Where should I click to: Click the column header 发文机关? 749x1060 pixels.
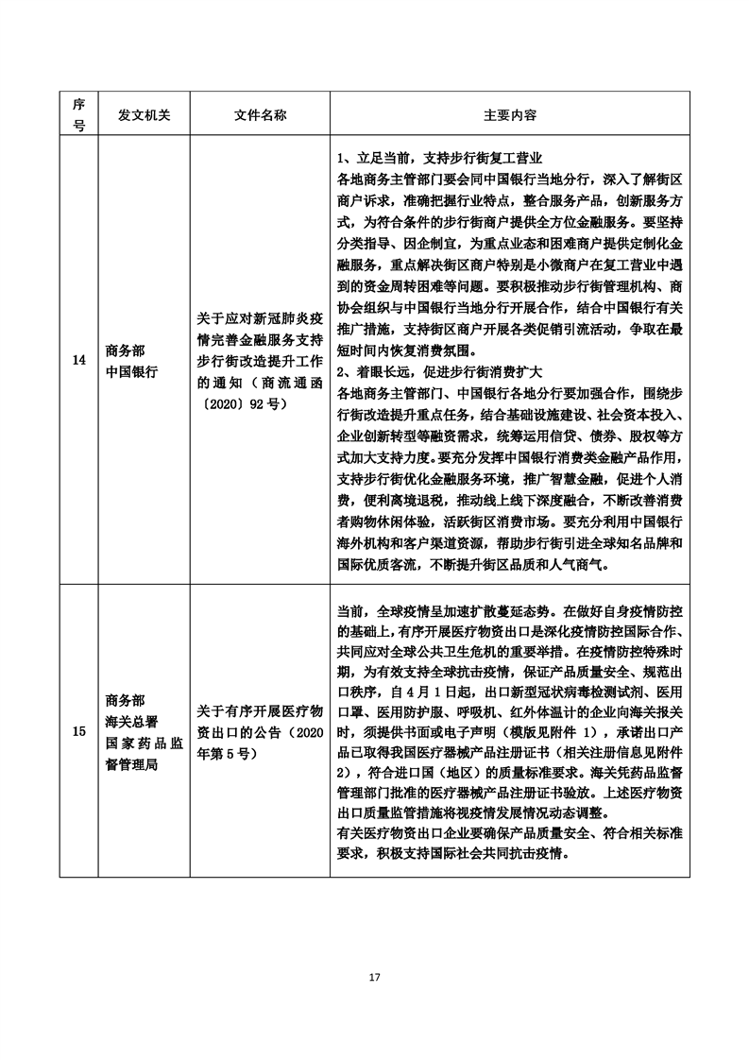point(144,114)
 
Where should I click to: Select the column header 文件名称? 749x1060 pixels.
point(260,114)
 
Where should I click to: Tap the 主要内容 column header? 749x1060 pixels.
point(510,114)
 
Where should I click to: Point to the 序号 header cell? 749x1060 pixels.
point(78,114)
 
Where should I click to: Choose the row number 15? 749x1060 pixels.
point(78,732)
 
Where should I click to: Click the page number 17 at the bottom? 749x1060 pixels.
point(375,977)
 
